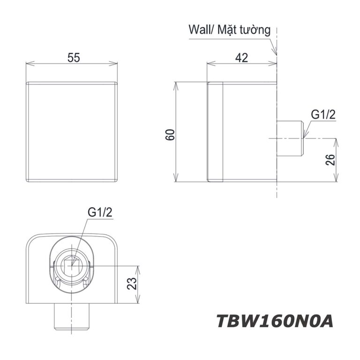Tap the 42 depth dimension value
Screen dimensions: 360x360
click(241, 58)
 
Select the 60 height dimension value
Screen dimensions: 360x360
click(170, 134)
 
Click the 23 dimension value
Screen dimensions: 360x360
click(132, 284)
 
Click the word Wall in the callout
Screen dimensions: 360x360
click(199, 30)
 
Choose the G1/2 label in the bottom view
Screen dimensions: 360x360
click(100, 212)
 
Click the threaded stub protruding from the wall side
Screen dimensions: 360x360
click(290, 139)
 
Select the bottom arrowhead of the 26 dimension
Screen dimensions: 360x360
click(336, 180)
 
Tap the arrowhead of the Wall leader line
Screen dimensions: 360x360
click(276, 53)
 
